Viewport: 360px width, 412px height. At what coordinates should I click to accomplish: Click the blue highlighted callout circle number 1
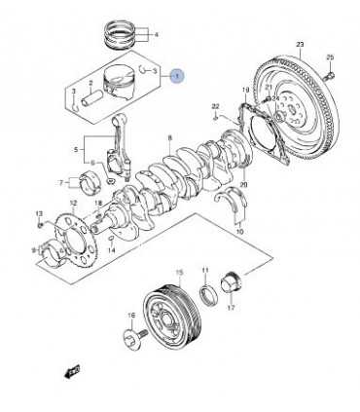pos(176,74)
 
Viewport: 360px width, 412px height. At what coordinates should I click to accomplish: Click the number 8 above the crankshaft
pos(171,138)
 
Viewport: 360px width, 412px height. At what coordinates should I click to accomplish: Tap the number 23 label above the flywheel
pos(300,46)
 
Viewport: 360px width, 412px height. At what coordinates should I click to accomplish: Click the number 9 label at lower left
pos(32,249)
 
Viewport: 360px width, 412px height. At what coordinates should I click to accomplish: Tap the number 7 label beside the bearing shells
pos(60,182)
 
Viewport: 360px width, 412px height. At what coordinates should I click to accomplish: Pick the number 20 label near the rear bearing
pos(242,185)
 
